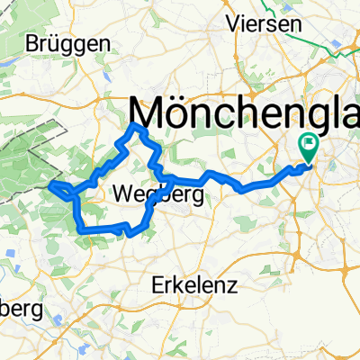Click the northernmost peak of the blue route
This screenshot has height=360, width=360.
tap(136, 125)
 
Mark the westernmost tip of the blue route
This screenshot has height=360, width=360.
tap(51, 184)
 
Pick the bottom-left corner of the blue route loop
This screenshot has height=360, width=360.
tap(83, 229)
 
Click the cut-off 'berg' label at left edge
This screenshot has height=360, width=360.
tap(20, 310)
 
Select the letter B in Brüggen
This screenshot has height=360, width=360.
tap(32, 43)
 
